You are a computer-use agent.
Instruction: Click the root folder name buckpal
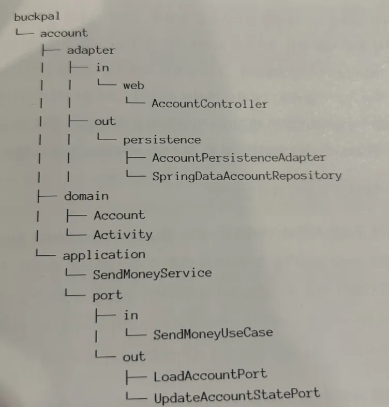pyautogui.click(x=37, y=17)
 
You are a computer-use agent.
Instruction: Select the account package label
pyautogui.click(x=64, y=33)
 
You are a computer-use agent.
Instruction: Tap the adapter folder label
pyautogui.click(x=91, y=50)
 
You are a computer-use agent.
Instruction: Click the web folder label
pyautogui.click(x=133, y=85)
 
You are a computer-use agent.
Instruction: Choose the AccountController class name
pyautogui.click(x=210, y=104)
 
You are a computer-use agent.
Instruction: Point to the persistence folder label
pyautogui.click(x=162, y=140)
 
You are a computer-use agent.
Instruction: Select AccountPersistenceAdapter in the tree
pyautogui.click(x=239, y=157)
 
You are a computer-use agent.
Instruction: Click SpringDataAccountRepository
pyautogui.click(x=247, y=176)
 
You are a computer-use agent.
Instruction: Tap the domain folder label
pyautogui.click(x=86, y=196)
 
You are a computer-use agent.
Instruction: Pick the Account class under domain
pyautogui.click(x=119, y=215)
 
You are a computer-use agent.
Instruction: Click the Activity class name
pyautogui.click(x=123, y=235)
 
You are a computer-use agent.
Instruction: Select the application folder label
pyautogui.click(x=104, y=254)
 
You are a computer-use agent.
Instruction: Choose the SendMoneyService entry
pyautogui.click(x=152, y=273)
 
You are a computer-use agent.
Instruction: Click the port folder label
pyautogui.click(x=108, y=295)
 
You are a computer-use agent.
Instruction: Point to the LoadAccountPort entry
pyautogui.click(x=210, y=374)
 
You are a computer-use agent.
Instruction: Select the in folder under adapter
pyautogui.click(x=102, y=68)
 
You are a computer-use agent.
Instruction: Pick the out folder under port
pyautogui.click(x=134, y=356)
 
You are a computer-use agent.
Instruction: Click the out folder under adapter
pyautogui.click(x=105, y=122)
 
